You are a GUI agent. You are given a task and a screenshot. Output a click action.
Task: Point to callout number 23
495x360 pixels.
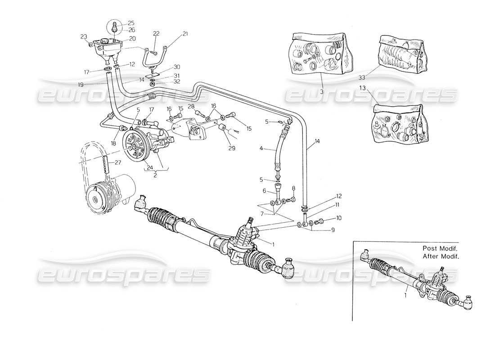pyautogui.click(x=84, y=37)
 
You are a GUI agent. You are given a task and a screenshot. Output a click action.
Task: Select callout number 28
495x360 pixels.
pyautogui.click(x=190, y=106)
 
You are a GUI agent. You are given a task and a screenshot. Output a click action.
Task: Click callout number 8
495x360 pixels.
pyautogui.click(x=293, y=188)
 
